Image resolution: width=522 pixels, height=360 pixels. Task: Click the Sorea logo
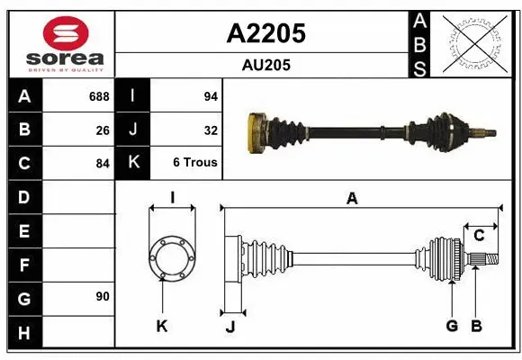pyautogui.click(x=61, y=41)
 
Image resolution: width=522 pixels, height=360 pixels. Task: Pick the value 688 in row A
pyautogui.click(x=99, y=96)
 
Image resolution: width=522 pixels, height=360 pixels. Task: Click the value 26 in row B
pyautogui.click(x=103, y=130)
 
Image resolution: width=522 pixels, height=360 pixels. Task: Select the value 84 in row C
pyautogui.click(x=103, y=164)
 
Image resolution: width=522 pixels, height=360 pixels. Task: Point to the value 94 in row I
pyautogui.click(x=210, y=96)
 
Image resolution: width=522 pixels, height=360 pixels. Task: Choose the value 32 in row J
pyautogui.click(x=211, y=130)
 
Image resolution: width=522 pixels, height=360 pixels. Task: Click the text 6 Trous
pyautogui.click(x=195, y=163)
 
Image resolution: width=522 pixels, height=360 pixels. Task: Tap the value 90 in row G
pyautogui.click(x=103, y=296)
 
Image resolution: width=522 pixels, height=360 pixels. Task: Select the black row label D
pyautogui.click(x=23, y=196)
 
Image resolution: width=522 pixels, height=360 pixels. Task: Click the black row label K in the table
pyautogui.click(x=132, y=163)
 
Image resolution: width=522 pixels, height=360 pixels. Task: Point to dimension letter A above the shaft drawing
pyautogui.click(x=352, y=199)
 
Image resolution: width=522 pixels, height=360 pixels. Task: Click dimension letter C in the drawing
pyautogui.click(x=479, y=235)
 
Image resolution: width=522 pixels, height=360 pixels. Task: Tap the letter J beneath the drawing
pyautogui.click(x=229, y=327)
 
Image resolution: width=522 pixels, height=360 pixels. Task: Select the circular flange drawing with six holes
pyautogui.click(x=171, y=258)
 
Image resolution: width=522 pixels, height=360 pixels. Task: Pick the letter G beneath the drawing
pyautogui.click(x=452, y=326)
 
